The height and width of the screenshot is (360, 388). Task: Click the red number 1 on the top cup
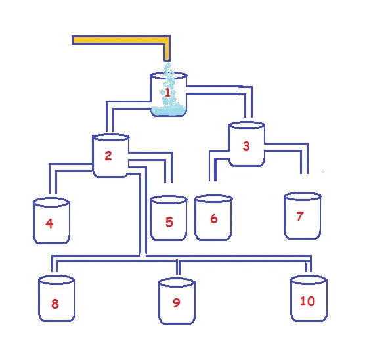click(167, 93)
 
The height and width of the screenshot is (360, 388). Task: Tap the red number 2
click(108, 156)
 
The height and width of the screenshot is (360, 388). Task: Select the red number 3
click(246, 146)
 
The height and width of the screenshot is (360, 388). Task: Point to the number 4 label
click(49, 223)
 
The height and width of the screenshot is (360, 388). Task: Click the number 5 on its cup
click(169, 222)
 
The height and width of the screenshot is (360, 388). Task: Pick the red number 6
click(214, 219)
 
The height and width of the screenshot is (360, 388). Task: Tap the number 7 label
click(300, 216)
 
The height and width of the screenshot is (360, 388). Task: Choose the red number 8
click(55, 304)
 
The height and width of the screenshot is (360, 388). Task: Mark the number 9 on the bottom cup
click(176, 303)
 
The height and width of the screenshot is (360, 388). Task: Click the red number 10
click(307, 301)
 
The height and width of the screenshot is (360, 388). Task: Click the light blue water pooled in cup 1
click(169, 111)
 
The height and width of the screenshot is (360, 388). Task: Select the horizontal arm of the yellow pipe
click(118, 40)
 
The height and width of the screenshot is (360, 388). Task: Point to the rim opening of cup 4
click(51, 202)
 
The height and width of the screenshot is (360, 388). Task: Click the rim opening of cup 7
click(303, 196)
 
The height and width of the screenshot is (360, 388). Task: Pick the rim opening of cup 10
click(309, 280)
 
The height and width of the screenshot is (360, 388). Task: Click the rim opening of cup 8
click(56, 280)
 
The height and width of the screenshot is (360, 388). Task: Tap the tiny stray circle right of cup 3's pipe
click(322, 172)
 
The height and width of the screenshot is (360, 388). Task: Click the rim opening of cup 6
click(213, 199)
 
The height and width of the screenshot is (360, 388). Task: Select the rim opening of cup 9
click(177, 282)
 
